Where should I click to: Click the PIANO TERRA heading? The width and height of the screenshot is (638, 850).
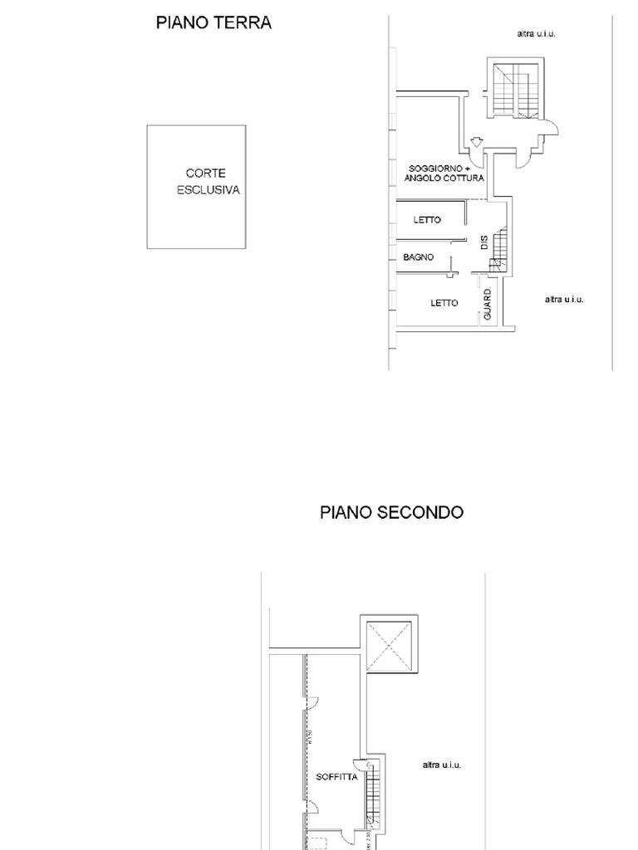click(x=213, y=23)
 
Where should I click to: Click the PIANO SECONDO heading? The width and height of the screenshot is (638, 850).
click(x=391, y=512)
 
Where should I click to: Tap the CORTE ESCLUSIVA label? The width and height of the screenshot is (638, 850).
click(x=208, y=182)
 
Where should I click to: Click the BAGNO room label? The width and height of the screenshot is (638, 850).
click(x=419, y=257)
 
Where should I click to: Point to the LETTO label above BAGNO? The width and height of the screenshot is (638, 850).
click(x=427, y=220)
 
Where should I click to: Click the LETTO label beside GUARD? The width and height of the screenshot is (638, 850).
click(x=444, y=303)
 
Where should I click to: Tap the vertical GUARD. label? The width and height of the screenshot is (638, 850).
click(x=488, y=305)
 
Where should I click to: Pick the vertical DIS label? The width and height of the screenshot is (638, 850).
click(x=484, y=243)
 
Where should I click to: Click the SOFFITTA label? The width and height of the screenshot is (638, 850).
click(x=336, y=778)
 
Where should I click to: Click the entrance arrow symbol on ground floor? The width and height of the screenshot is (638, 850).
click(x=476, y=142)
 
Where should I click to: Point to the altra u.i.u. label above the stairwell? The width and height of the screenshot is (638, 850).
click(x=536, y=34)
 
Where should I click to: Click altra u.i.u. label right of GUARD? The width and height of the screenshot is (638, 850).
click(x=564, y=299)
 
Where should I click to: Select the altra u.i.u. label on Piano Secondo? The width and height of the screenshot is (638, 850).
click(x=441, y=765)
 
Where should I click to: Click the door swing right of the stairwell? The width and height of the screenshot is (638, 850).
click(x=551, y=128)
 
